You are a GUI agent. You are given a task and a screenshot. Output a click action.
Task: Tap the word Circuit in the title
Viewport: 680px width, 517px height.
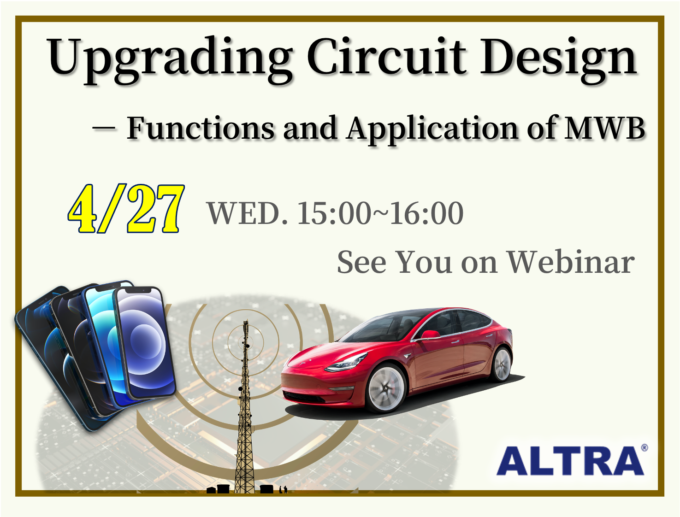[386, 56]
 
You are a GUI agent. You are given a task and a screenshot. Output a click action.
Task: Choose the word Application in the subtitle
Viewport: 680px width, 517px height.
[432, 130]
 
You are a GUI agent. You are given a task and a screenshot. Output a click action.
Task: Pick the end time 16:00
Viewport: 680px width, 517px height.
[426, 213]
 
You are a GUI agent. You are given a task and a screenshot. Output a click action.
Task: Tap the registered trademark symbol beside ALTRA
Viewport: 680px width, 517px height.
[644, 448]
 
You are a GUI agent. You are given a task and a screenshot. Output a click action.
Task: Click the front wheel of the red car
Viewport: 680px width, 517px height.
[386, 388]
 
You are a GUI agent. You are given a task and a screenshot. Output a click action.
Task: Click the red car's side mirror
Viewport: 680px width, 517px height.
[430, 335]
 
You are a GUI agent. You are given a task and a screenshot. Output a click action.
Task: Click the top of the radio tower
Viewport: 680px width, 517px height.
[246, 321]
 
